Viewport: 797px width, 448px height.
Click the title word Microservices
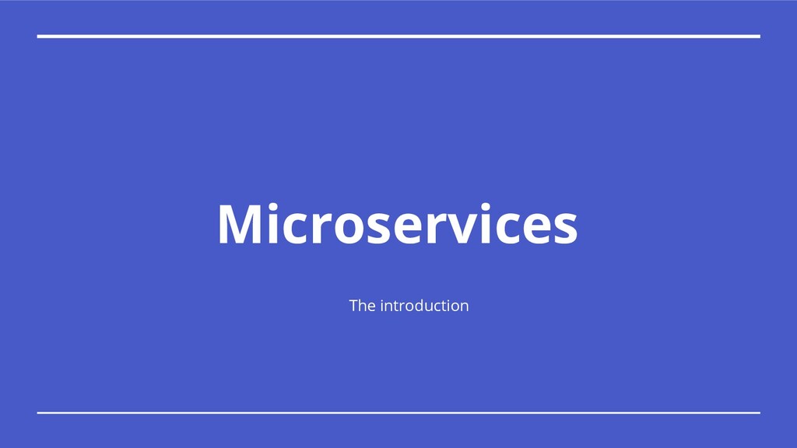point(397,225)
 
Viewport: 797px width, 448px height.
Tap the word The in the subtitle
point(362,306)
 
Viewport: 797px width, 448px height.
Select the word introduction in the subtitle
point(424,306)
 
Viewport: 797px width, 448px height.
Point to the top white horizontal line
point(398,36)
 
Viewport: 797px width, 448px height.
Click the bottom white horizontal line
point(398,412)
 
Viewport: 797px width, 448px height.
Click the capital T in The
point(354,306)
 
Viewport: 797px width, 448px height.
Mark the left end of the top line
point(39,36)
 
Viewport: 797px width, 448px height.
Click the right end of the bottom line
point(758,412)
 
